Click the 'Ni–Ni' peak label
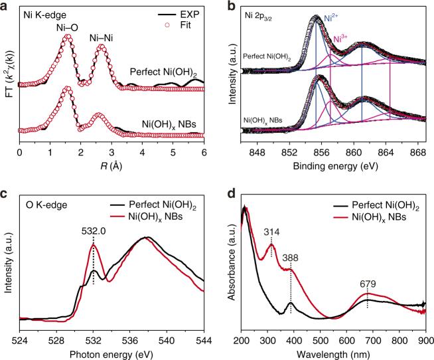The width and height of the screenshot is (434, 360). click(x=100, y=38)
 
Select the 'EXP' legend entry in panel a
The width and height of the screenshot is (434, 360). click(x=188, y=13)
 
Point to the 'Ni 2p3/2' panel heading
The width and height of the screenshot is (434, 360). click(x=262, y=13)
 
